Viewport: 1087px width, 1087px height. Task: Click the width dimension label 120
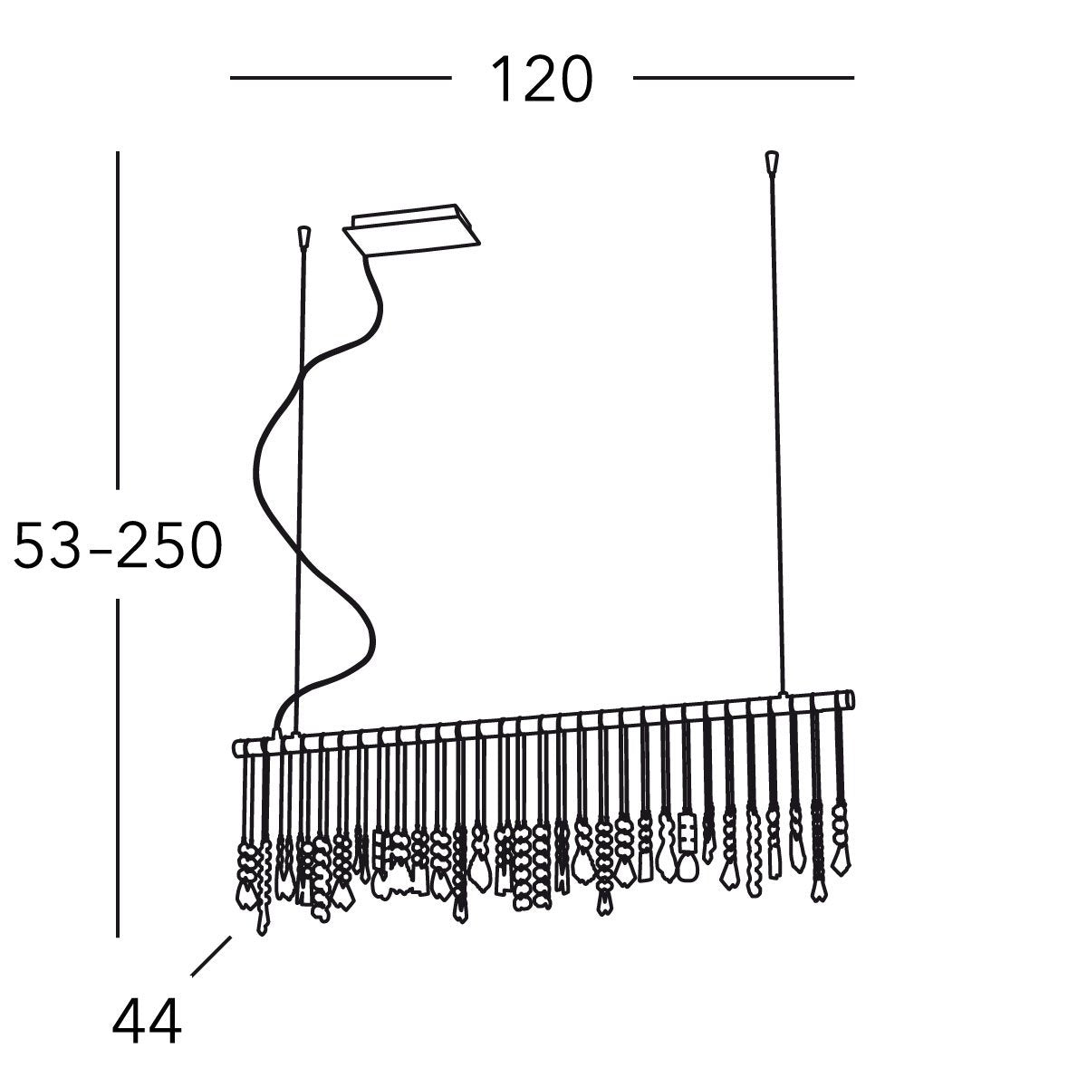(x=541, y=80)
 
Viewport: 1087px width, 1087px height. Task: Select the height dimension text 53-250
(x=117, y=546)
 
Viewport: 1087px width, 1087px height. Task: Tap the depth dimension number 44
(x=147, y=1022)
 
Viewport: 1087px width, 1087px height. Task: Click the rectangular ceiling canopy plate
(x=410, y=231)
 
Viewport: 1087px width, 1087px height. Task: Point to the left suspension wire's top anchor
(x=304, y=236)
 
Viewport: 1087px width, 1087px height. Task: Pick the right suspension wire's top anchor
(x=772, y=160)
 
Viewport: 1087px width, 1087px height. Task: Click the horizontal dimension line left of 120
(x=341, y=79)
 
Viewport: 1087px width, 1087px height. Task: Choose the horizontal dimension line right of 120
(x=743, y=79)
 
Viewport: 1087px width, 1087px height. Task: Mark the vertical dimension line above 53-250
(x=117, y=317)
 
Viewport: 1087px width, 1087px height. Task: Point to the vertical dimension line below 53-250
(x=117, y=770)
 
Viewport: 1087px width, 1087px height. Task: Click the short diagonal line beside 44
(x=211, y=956)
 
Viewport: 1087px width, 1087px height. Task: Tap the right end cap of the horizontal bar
(x=849, y=699)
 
